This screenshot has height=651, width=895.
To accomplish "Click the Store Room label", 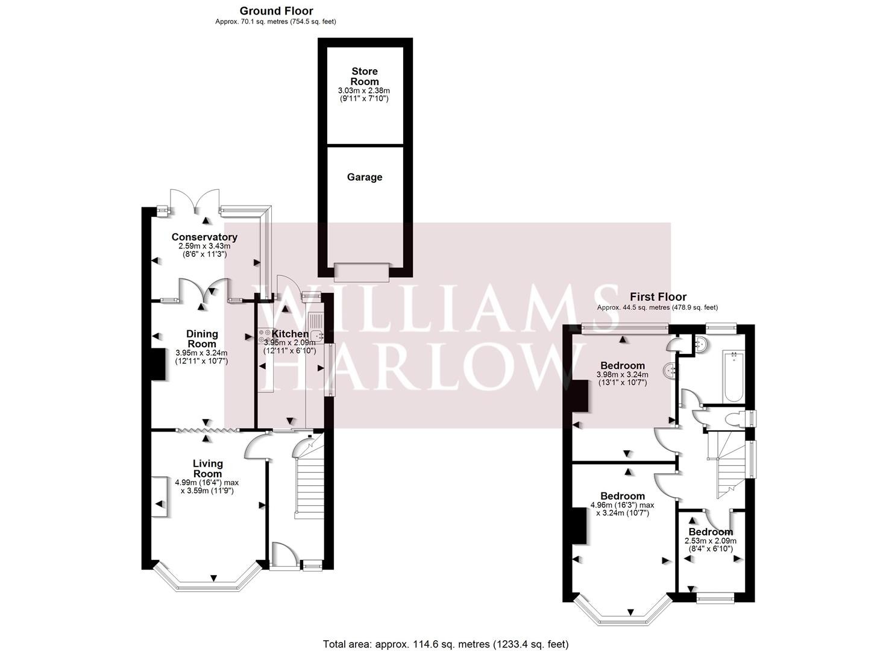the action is tap(365, 77).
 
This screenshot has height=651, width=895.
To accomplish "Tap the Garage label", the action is tap(365, 177).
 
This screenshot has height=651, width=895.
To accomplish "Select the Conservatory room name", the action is tap(204, 237).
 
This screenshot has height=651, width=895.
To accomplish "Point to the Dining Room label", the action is tap(202, 339).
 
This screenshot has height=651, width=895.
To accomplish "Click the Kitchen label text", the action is tap(290, 334).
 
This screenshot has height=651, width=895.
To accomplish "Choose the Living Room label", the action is tap(207, 468).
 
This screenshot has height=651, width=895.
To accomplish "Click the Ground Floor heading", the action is tap(276, 11).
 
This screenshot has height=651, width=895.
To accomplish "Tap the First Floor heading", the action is tap(658, 297).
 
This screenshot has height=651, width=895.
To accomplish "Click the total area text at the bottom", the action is tap(445, 644).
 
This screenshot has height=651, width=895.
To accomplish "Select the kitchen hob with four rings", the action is tap(264, 336).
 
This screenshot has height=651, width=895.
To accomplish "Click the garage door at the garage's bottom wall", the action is tap(362, 272).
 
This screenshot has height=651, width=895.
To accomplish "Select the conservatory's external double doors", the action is tap(195, 200).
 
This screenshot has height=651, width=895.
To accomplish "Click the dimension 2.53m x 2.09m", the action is tap(711, 541).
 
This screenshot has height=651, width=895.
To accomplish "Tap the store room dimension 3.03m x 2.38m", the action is tap(364, 90).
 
